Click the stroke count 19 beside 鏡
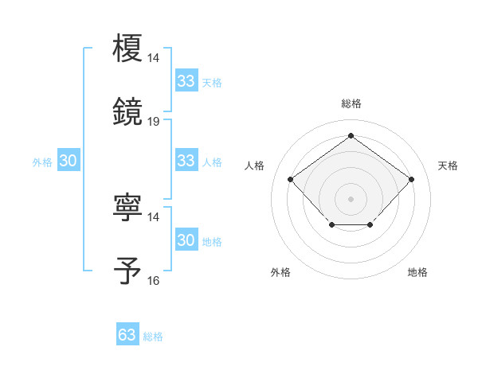click(x=154, y=121)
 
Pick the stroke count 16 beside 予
click(x=154, y=280)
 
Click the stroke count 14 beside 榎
click(x=154, y=57)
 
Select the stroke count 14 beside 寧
click(x=154, y=216)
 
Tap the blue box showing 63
click(x=127, y=335)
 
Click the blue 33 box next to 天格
click(x=186, y=81)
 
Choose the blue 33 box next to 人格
click(x=186, y=161)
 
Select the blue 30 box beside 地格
click(x=186, y=240)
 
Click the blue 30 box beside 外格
click(x=69, y=161)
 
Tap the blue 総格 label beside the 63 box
click(x=153, y=337)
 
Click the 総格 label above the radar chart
click(x=351, y=103)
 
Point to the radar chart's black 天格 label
click(x=448, y=166)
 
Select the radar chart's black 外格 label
click(x=280, y=272)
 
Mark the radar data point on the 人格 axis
click(x=291, y=180)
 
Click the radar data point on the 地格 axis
click(x=370, y=226)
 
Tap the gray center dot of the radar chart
click(x=351, y=198)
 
